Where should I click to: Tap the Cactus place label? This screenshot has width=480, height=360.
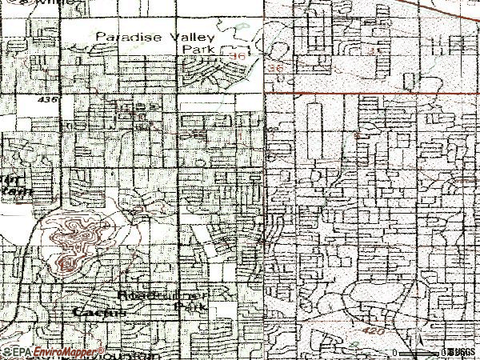(x=99, y=312)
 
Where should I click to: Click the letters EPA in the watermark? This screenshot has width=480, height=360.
(x=18, y=351)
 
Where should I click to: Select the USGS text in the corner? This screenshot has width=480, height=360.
(x=462, y=351)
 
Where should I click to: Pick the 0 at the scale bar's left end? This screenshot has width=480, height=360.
(x=394, y=352)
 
